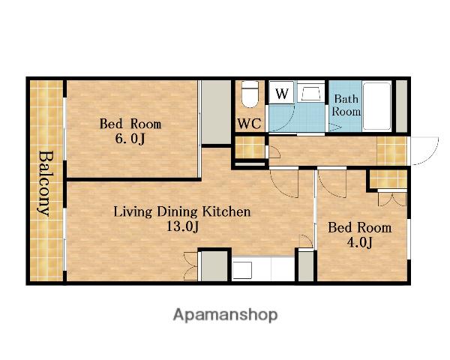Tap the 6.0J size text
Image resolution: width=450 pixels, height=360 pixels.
pyautogui.click(x=130, y=139)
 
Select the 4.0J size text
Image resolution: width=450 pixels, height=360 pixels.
pyautogui.click(x=359, y=242)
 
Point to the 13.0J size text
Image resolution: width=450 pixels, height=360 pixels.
pyautogui.click(x=182, y=226)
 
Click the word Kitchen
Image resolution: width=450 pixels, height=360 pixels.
pyautogui.click(x=226, y=211)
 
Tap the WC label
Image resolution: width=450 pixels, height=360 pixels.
pyautogui.click(x=250, y=124)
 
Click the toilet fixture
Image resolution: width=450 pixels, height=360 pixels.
pyautogui.click(x=250, y=94)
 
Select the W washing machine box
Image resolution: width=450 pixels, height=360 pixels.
pyautogui.click(x=281, y=92)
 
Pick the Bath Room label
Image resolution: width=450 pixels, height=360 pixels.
pyautogui.click(x=346, y=105)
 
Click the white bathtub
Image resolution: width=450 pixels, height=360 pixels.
pyautogui.click(x=376, y=106)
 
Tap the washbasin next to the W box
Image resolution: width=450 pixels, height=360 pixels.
pyautogui.click(x=310, y=92)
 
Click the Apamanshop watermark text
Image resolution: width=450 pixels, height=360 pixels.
pyautogui.click(x=225, y=315)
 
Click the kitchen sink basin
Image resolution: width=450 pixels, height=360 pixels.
pyautogui.click(x=242, y=270)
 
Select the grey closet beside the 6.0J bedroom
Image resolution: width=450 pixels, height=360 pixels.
pyautogui.click(x=216, y=112)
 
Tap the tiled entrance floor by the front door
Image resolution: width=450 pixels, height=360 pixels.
pyautogui.click(x=391, y=151)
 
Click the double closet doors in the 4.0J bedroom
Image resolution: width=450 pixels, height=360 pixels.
pyautogui.click(x=392, y=199)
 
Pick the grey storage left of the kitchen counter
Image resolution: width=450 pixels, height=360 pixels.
pyautogui.click(x=214, y=266)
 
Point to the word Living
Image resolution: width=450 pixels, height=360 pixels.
pyautogui.click(x=133, y=212)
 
